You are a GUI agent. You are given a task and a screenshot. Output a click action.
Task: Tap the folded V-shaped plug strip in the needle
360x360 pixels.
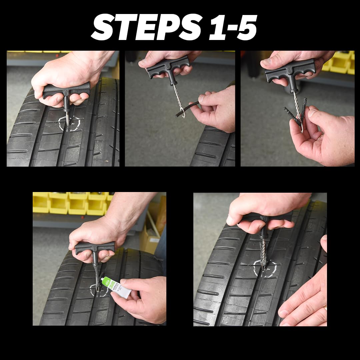tap(295, 113)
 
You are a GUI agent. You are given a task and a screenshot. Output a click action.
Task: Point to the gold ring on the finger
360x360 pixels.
tap(325, 308)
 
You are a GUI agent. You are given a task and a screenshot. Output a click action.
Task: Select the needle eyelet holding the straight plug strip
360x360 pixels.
tap(181, 110)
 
